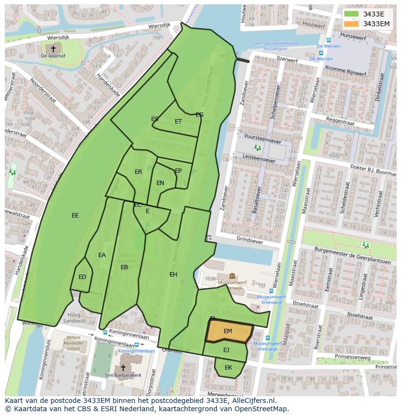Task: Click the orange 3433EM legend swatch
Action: pos(352,24)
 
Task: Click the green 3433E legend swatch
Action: pos(352,14)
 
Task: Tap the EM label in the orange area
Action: pos(228,331)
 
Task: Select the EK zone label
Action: pos(228,368)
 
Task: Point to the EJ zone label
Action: pos(226,350)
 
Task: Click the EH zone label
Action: pos(173,275)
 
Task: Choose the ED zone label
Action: pos(82,277)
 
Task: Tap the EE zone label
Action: pos(75,216)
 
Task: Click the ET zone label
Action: pos(178,122)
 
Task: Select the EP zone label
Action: pos(178,171)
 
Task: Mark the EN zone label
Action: pos(160,183)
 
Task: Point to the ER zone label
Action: pos(139,172)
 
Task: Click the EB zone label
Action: pos(124,267)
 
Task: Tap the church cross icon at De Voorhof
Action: pos(53,48)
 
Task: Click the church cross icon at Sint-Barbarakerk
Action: pos(123,368)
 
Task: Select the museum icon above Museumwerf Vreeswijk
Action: pos(232,276)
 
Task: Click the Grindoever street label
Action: pos(250,240)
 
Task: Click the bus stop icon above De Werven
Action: pos(328,41)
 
